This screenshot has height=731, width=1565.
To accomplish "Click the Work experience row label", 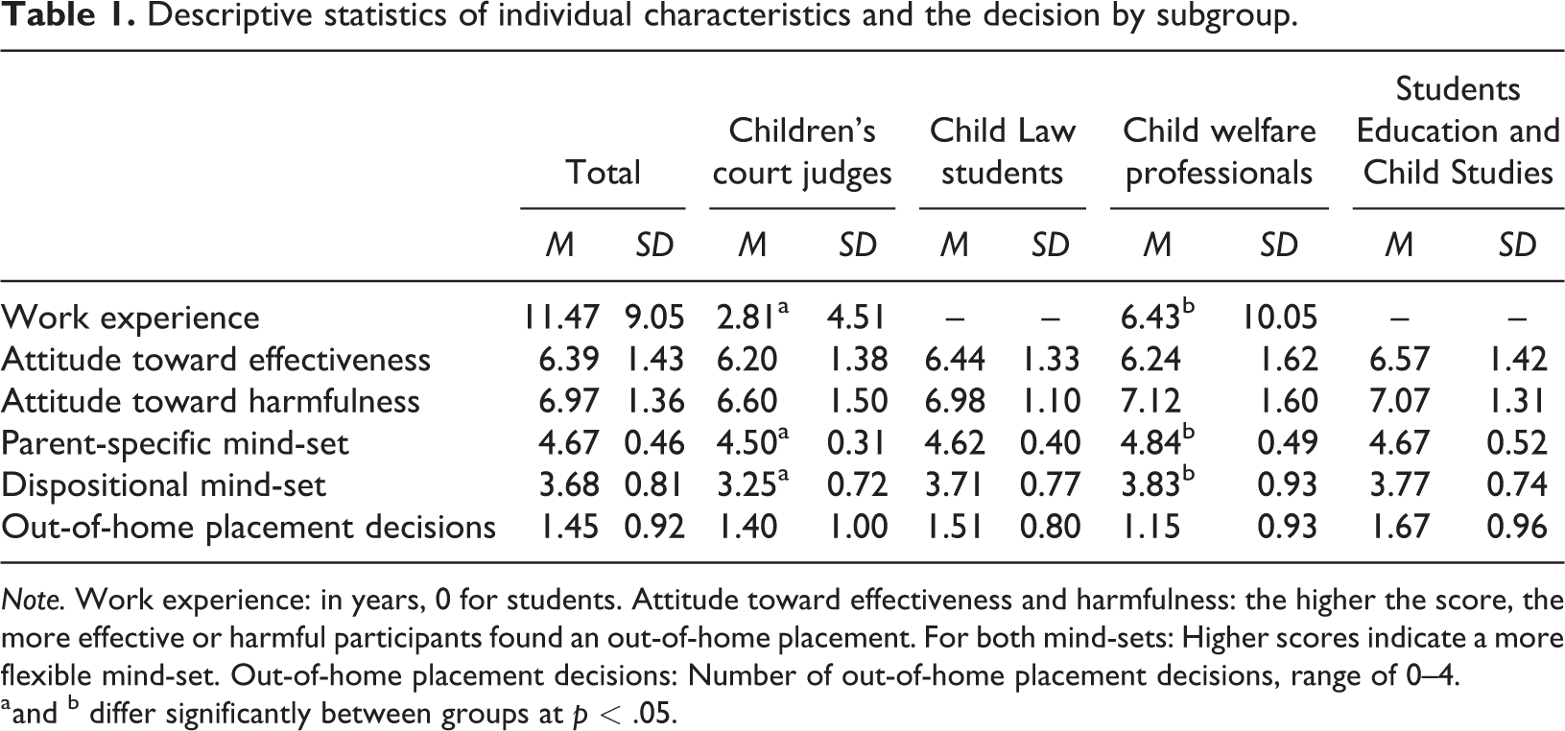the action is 130,318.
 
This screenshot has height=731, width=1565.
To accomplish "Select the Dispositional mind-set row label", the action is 163,485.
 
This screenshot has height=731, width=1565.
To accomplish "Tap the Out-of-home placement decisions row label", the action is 249,527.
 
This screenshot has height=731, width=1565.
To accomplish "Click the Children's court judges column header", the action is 802,153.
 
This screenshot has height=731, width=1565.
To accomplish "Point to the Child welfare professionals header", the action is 1220,153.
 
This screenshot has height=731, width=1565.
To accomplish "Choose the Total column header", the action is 603,173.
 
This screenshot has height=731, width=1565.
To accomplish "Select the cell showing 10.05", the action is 1278,318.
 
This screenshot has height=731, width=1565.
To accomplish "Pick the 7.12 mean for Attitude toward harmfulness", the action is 1150,401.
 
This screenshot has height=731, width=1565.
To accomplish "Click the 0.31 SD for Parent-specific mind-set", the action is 857,443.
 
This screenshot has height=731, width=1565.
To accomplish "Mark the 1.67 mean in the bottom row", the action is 1399,527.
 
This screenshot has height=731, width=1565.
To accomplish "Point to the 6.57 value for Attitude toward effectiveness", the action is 1399,360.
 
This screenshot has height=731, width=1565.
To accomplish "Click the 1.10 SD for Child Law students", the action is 1050,401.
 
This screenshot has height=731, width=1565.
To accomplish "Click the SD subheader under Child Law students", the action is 1050,245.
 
